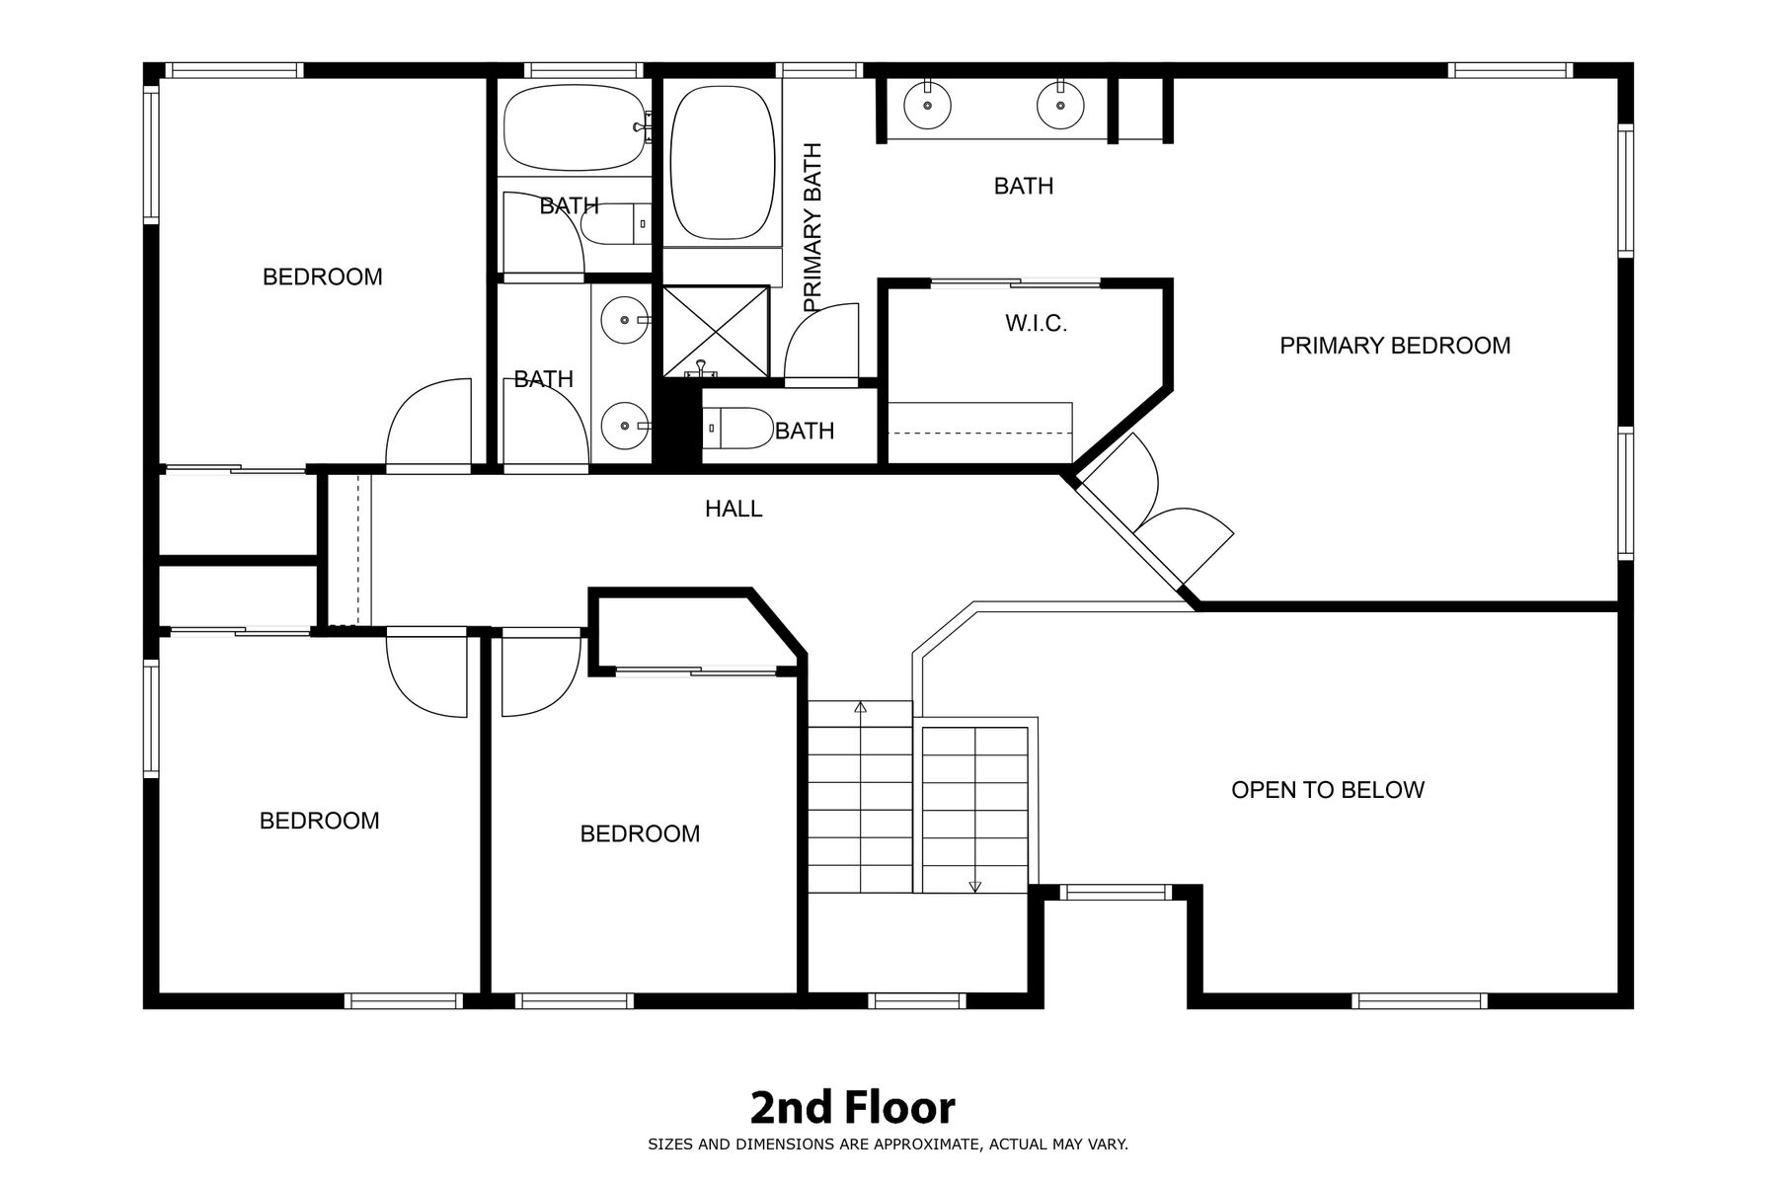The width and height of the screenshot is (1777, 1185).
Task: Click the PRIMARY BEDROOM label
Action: pos(1395,346)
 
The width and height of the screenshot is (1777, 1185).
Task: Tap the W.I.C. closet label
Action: pos(1037,323)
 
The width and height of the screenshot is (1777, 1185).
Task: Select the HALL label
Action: pos(734,509)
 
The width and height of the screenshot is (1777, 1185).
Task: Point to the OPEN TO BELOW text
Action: pos(1328,790)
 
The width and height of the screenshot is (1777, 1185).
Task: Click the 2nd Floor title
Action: pos(852,1108)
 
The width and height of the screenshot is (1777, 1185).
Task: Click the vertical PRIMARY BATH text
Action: pos(812,228)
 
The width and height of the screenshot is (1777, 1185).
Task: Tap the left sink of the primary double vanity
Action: pos(927,104)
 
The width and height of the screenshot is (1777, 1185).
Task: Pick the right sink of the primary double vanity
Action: pos(1060,104)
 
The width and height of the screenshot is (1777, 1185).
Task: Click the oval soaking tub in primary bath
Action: pos(722,163)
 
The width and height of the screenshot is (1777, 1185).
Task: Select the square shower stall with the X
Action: pos(716,332)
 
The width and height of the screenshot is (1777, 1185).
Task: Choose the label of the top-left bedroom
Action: pos(323,276)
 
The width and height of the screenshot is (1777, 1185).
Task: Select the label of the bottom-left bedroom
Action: pos(319,821)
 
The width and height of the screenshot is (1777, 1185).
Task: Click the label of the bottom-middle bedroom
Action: pos(640,833)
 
